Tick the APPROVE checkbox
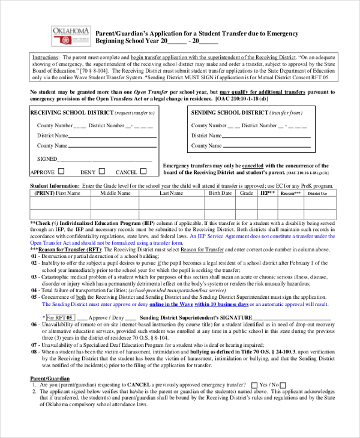pyautogui.click(x=60, y=171)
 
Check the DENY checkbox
pyautogui.click(x=102, y=171)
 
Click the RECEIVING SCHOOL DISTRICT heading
pyautogui.click(x=71, y=112)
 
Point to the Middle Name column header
pyautogui.click(x=115, y=194)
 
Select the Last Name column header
pyautogui.click(x=171, y=194)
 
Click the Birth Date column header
pyautogui.click(x=220, y=194)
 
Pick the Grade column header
pyautogui.click(x=247, y=194)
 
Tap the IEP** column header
pyautogui.click(x=268, y=194)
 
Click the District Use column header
pyautogui.click(x=317, y=194)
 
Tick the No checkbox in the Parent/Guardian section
pyautogui.click(x=283, y=385)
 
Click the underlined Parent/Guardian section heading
pyautogui.click(x=50, y=378)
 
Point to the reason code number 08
pyautogui.click(x=34, y=352)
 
